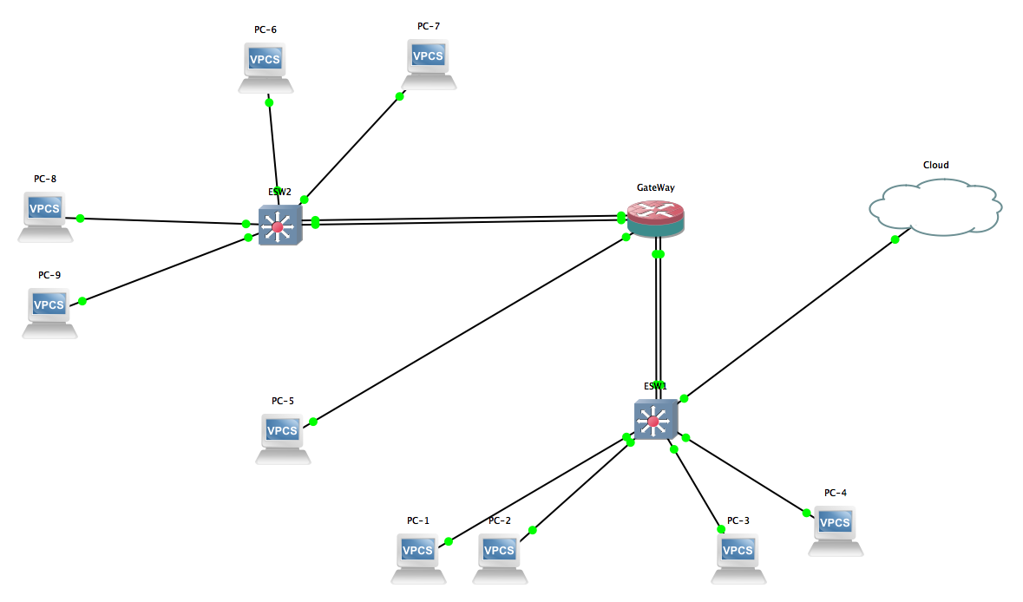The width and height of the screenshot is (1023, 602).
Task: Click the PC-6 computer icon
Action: (266, 65)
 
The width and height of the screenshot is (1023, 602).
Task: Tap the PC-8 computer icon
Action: (45, 214)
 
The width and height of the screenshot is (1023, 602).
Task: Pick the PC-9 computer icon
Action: (49, 311)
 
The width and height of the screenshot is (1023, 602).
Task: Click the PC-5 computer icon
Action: (283, 436)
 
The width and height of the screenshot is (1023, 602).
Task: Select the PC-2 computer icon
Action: (499, 556)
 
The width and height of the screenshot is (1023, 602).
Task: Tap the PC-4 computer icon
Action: (835, 528)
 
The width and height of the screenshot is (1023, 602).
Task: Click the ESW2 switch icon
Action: (279, 226)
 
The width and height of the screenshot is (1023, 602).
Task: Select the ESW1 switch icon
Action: (655, 421)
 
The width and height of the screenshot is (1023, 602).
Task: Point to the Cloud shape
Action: (935, 206)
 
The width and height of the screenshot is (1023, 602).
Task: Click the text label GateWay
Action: (655, 186)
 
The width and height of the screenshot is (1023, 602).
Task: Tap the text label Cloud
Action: (935, 165)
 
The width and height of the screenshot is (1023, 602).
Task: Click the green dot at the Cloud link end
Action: (895, 239)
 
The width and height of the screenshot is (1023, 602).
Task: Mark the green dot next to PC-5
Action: (313, 422)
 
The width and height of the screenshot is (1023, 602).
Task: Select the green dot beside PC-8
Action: (80, 218)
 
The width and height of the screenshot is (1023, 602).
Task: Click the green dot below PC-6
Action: (269, 102)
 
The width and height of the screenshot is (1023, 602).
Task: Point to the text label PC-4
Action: (835, 493)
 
